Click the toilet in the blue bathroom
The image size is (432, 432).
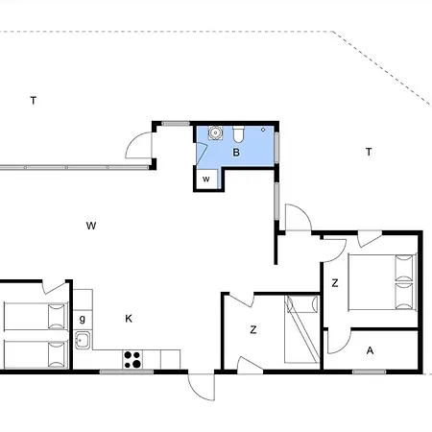[x=238, y=134]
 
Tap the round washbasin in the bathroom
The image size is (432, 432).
[x=215, y=132]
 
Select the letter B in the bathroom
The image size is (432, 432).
[x=236, y=153]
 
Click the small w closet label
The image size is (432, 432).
[x=206, y=179]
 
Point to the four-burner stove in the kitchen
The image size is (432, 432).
[x=132, y=359]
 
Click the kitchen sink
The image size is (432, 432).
[x=83, y=340]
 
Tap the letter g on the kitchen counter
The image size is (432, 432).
[x=83, y=319]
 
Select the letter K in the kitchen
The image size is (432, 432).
[x=129, y=319]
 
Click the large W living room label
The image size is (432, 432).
[x=91, y=226]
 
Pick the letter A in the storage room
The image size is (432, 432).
[x=370, y=350]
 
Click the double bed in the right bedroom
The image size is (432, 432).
[x=382, y=282]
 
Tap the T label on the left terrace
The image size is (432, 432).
[x=34, y=101]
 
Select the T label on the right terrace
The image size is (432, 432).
[x=369, y=152]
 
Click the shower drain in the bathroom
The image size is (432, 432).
[x=263, y=130]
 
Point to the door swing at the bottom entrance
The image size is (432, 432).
[x=202, y=387]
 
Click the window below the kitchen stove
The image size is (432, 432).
[x=127, y=372]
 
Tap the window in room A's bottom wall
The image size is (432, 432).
[x=369, y=372]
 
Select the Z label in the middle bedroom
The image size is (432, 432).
[x=253, y=329]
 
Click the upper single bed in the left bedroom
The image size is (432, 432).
[x=36, y=316]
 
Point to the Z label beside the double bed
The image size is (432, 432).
[x=335, y=283]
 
